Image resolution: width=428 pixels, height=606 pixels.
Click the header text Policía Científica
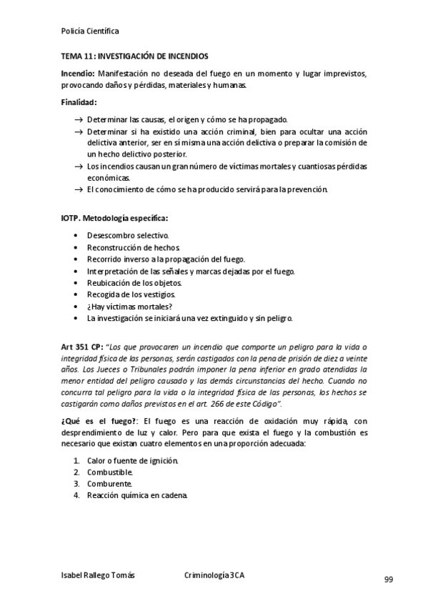tap(91, 31)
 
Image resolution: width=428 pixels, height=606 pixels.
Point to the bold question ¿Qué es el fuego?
tap(99, 422)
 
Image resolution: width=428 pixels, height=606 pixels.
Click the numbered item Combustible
tap(110, 472)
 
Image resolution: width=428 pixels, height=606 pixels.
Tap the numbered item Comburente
tap(109, 484)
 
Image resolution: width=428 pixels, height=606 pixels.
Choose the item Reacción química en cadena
tap(137, 495)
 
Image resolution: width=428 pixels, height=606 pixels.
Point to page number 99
tap(389, 579)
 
